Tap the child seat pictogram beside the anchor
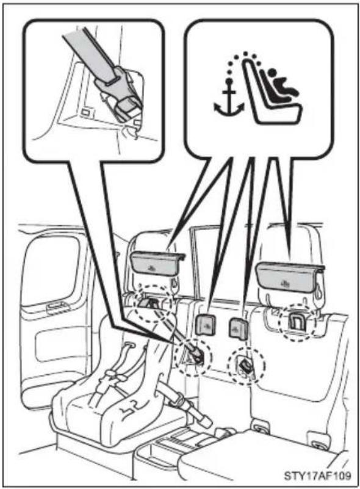(273, 93)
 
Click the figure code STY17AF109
(317, 476)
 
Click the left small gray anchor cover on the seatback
(206, 325)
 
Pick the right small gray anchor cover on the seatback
(239, 327)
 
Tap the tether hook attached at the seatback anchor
(196, 355)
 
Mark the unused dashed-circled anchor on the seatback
(246, 366)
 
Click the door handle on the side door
(59, 308)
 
